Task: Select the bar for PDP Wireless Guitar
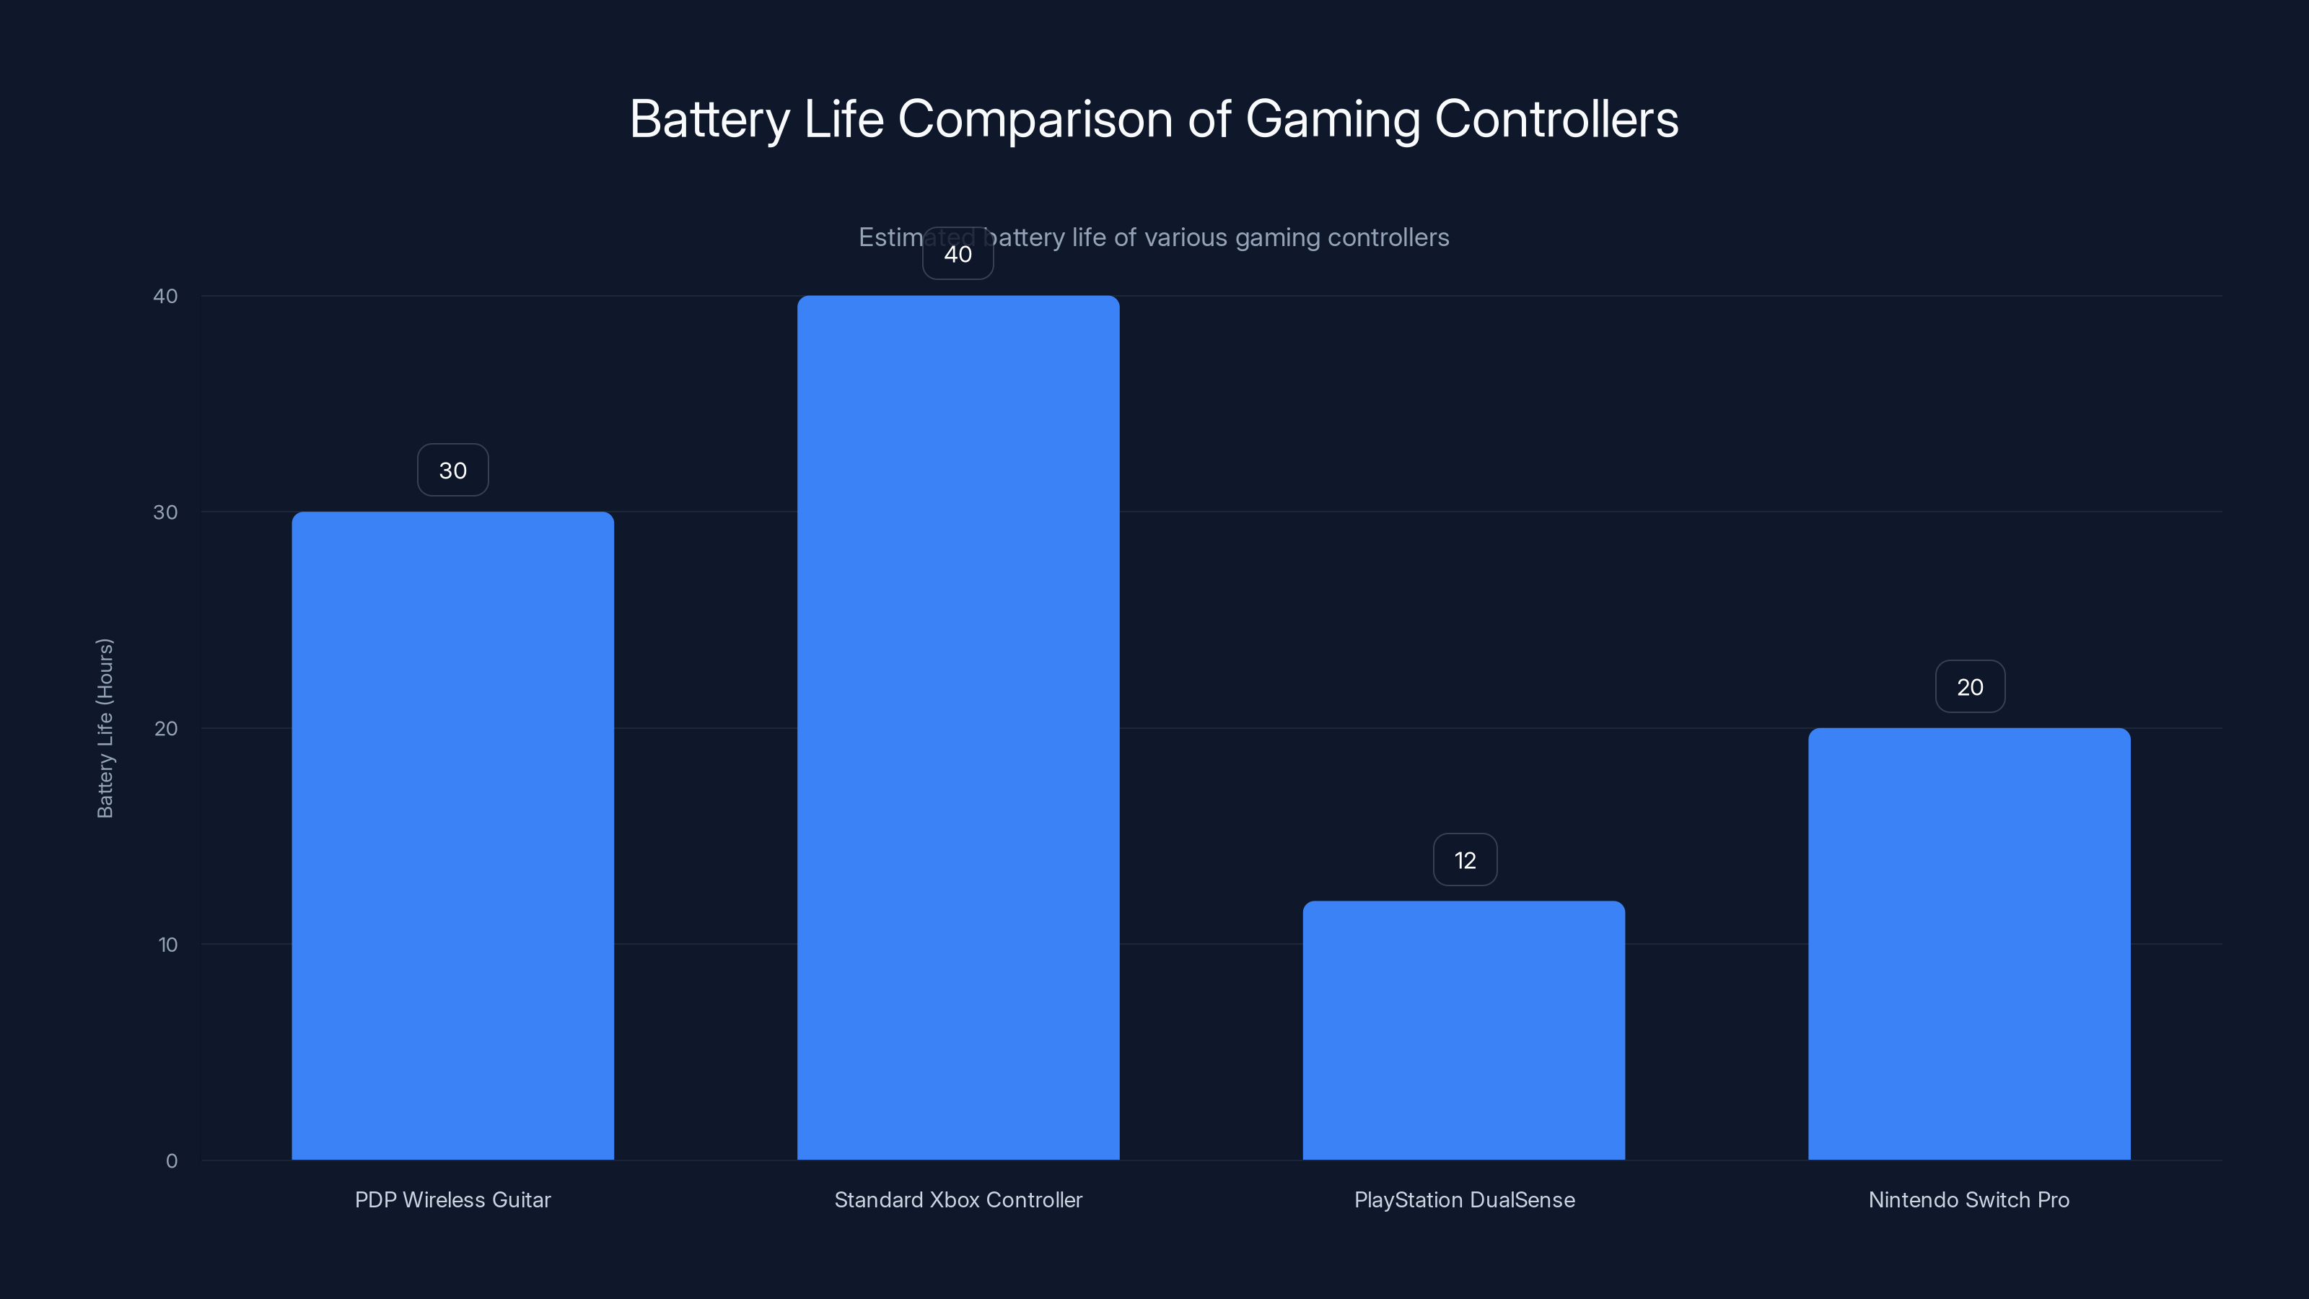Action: [452, 836]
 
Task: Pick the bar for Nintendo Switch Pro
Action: [1969, 943]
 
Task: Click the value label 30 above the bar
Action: [452, 471]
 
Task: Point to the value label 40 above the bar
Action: [958, 255]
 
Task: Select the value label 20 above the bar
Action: [1969, 688]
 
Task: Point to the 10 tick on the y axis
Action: [167, 945]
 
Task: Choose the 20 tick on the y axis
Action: [166, 729]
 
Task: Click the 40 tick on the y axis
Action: [166, 297]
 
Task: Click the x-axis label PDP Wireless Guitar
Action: [452, 1200]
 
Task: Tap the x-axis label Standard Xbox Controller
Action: [958, 1200]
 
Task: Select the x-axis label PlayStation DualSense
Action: [1464, 1200]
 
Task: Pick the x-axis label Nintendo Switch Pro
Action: [1969, 1200]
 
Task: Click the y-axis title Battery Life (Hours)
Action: [105, 728]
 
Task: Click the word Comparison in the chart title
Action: [1035, 120]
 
